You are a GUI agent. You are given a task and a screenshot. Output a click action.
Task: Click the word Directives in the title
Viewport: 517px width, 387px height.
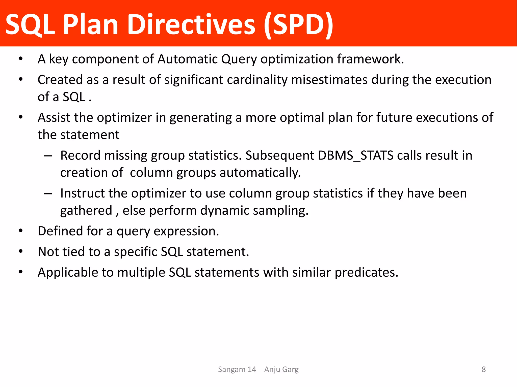[x=191, y=25]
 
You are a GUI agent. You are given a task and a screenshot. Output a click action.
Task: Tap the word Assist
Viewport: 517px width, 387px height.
[x=54, y=118]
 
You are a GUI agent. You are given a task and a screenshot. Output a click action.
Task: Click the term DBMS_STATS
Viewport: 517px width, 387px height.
[x=355, y=155]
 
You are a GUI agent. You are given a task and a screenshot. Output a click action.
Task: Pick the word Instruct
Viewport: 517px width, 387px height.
[x=82, y=193]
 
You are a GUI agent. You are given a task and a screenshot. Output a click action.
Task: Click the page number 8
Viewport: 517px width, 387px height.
[x=483, y=369]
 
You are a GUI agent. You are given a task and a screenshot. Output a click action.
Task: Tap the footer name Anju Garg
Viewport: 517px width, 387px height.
[x=281, y=369]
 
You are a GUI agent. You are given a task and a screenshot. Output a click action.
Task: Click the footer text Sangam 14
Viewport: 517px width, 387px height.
[x=237, y=369]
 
